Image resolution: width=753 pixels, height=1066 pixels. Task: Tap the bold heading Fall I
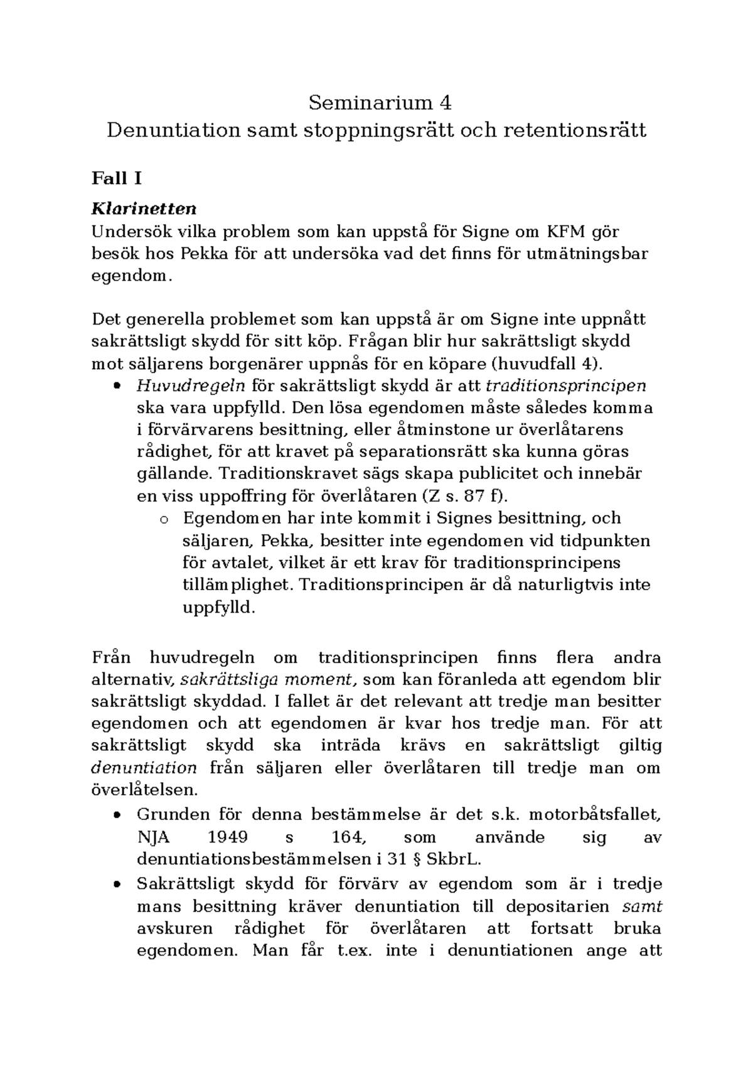117,179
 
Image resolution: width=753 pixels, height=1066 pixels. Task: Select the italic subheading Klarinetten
144,208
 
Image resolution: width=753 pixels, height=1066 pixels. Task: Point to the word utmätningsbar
595,254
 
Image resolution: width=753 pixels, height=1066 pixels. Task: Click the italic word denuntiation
144,767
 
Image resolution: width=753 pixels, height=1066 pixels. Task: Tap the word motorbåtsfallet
595,815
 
